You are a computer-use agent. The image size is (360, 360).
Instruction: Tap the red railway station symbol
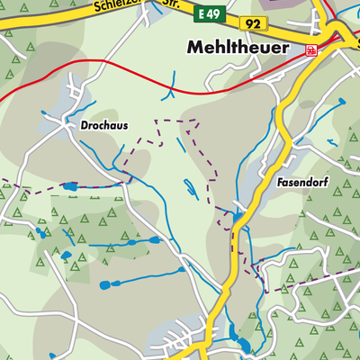(311, 50)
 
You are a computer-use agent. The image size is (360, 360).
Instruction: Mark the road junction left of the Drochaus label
(70, 127)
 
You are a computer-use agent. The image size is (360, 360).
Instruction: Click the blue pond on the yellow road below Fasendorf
(238, 217)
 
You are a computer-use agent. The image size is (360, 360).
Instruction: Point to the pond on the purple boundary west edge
(70, 186)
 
